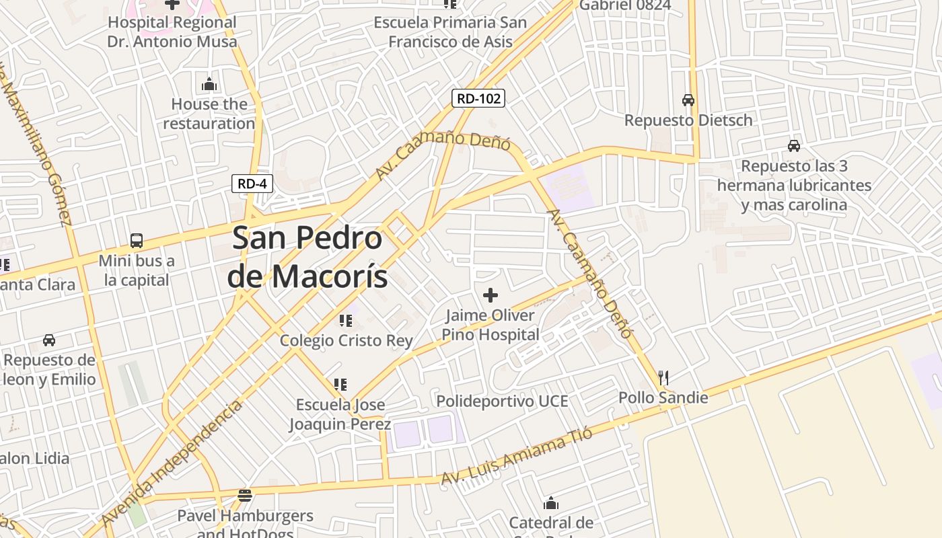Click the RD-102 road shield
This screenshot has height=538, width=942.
tap(478, 99)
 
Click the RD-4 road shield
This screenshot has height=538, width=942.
tap(252, 183)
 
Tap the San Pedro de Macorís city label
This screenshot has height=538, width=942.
tap(307, 257)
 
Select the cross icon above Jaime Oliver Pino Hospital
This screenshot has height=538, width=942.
tap(491, 295)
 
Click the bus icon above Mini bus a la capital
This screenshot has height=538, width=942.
tap(137, 240)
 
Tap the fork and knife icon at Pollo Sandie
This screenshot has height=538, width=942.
tap(663, 377)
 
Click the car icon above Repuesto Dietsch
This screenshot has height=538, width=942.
tap(688, 100)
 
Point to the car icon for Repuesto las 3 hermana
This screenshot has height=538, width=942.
tap(794, 145)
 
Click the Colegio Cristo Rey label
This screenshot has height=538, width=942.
tap(346, 340)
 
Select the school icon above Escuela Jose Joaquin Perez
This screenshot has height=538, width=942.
tap(340, 385)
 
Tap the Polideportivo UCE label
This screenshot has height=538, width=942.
tap(502, 401)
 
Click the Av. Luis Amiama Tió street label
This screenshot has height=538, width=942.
tap(516, 456)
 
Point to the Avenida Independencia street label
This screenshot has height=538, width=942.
tap(172, 463)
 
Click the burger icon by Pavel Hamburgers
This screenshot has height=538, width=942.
tap(245, 496)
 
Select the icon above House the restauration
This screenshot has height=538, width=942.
tap(209, 85)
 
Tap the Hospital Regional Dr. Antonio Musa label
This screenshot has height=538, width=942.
tap(172, 32)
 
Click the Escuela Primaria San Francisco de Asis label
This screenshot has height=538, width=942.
tap(450, 32)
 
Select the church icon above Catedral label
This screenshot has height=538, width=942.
tap(551, 503)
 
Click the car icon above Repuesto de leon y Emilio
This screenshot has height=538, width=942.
tap(49, 340)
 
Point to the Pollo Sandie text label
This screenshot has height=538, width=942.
tap(663, 397)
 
